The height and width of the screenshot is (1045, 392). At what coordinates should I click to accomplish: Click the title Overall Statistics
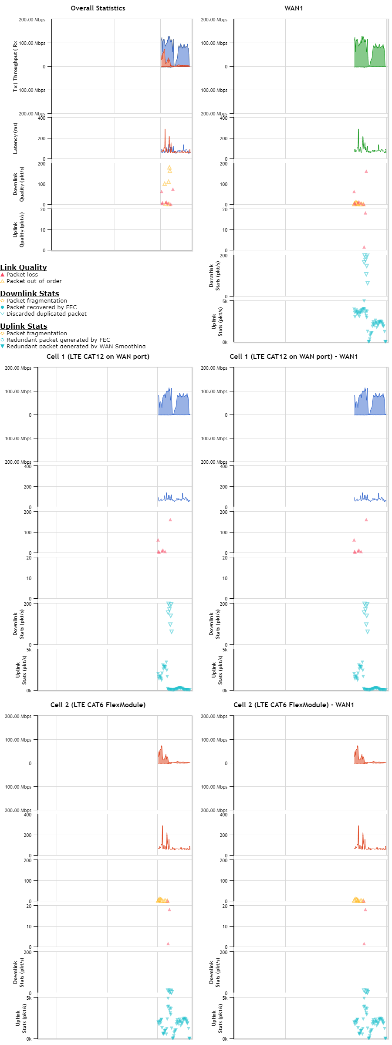coord(98,8)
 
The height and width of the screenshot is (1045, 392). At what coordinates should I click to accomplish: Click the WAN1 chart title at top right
coord(294,8)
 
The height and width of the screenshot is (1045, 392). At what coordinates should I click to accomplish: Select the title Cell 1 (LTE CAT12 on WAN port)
coord(98,357)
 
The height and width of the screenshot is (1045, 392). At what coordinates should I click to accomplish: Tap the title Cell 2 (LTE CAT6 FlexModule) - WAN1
coord(294,705)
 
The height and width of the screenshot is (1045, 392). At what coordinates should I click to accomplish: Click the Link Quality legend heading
coord(24,267)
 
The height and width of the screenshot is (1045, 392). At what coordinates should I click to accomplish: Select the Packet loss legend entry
coord(22,275)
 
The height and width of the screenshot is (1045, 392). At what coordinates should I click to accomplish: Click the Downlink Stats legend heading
coord(30,293)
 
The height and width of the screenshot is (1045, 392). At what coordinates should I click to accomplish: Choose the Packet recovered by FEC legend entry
coord(41,307)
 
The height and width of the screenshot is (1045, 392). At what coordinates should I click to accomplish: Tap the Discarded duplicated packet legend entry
coord(46,314)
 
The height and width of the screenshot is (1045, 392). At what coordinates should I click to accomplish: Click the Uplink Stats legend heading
coord(24,326)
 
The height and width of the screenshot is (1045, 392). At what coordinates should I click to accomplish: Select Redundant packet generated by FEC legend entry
coord(58,340)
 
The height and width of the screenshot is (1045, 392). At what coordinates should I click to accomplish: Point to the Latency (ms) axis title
coord(15,138)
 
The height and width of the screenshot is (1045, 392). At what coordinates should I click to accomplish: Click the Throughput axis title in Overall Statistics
coord(15,66)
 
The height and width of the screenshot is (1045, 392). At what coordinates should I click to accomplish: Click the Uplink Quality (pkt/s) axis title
coord(19,230)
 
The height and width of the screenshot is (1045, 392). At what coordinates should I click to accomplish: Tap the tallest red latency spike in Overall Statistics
coord(165,130)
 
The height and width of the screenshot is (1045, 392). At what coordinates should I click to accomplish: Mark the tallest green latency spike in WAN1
coord(358,130)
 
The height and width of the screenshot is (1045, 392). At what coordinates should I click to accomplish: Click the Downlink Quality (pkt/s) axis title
coord(19,184)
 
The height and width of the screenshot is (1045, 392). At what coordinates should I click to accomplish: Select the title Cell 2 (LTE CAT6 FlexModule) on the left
coord(98,705)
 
